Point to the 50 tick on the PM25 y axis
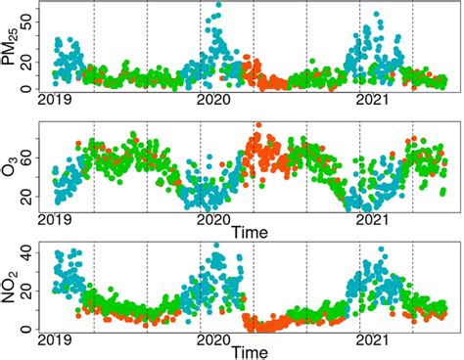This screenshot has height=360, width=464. (28, 16)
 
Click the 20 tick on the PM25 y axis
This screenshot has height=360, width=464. (28, 59)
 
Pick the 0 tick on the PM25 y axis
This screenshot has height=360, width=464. (28, 89)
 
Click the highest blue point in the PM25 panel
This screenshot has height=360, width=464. (217, 5)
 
